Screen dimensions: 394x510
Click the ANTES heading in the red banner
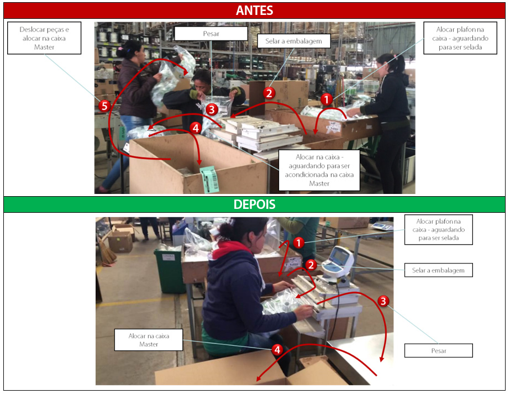[x=254, y=10]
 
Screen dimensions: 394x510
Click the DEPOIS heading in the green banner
[x=254, y=204]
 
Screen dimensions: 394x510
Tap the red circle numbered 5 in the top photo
[x=104, y=106]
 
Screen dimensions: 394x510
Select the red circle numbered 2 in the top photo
[x=269, y=93]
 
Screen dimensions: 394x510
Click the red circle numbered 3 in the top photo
[x=212, y=109]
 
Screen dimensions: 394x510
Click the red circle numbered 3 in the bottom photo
[x=383, y=301]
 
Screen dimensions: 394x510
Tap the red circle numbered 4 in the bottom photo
[x=277, y=349]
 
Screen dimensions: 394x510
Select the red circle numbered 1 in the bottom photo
[x=298, y=243]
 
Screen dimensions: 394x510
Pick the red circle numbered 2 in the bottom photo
[x=311, y=265]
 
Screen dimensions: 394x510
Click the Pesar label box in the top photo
[x=211, y=34]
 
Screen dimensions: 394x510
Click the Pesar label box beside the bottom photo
[x=439, y=350]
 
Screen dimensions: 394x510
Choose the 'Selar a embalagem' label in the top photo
[x=290, y=40]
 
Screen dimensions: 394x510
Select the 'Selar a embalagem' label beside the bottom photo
[x=442, y=270]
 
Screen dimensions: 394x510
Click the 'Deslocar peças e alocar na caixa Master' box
[x=44, y=38]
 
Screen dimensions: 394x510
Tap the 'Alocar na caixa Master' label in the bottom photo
[x=148, y=340]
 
